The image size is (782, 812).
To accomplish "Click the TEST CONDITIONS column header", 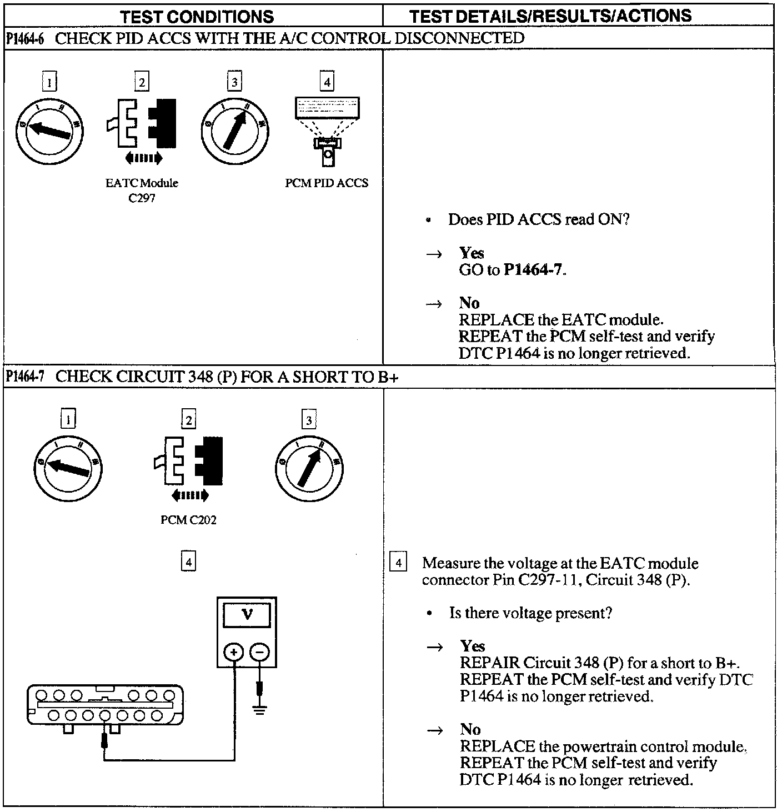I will (x=197, y=16).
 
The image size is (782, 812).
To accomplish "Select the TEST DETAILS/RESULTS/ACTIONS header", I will (x=550, y=16).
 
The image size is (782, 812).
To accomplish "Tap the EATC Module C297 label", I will (x=142, y=190).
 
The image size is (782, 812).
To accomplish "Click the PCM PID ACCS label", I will (x=327, y=183).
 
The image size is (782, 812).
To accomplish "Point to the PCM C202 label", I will (x=188, y=520).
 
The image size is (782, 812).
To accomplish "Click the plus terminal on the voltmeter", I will (x=234, y=652).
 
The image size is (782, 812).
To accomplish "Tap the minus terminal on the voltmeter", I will (x=259, y=652).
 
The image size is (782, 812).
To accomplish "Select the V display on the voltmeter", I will (x=247, y=615).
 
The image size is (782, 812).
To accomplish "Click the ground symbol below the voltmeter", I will (x=259, y=709).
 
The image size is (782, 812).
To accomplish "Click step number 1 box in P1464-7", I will (x=68, y=419).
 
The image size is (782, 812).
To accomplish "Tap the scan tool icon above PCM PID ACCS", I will (x=327, y=131).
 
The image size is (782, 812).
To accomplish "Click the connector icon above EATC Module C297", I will (x=142, y=127).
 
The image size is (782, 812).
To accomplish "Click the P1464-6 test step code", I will (x=26, y=38).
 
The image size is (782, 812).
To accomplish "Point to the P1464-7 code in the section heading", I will (x=26, y=377).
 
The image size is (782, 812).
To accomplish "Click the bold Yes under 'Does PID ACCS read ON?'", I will (x=472, y=253).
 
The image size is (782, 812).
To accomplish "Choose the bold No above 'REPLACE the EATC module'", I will (x=469, y=303).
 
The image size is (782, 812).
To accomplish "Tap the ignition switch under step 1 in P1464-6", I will (x=50, y=131).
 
